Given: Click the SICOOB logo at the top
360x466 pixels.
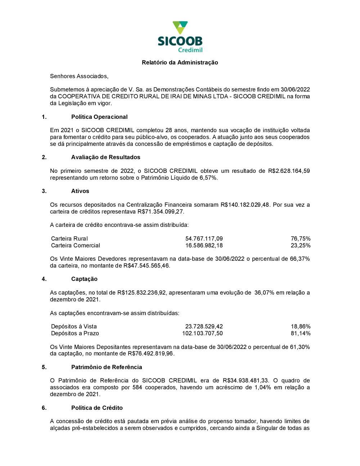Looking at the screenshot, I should point(180,37).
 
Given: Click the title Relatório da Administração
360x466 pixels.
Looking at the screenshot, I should point(180,63).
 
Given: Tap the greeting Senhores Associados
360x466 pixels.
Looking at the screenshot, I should point(79,76).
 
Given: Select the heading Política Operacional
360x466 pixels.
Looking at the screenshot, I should point(99,117).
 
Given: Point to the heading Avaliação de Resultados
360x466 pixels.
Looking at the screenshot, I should point(105,157).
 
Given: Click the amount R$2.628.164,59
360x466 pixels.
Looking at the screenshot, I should point(289,171).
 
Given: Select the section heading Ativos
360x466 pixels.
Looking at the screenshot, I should point(80,191).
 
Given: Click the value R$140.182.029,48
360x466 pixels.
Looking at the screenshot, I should point(245,205).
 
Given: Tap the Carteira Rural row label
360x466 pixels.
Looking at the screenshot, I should point(69,239).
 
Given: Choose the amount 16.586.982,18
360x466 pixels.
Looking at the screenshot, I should point(204,246).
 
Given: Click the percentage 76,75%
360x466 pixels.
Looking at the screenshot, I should point(301,239).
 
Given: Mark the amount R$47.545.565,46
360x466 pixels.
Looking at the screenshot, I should point(146,266).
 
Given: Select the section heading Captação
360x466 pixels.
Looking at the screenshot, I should point(84,279).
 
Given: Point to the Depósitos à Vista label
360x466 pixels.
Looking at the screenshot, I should point(74,327).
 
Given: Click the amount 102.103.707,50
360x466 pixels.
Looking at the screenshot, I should point(202,333).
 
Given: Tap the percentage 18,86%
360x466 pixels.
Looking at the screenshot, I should point(301,327).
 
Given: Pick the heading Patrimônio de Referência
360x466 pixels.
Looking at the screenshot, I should point(107,367).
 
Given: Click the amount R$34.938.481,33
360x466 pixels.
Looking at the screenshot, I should point(246,381).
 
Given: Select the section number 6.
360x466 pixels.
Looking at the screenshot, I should point(44,408).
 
